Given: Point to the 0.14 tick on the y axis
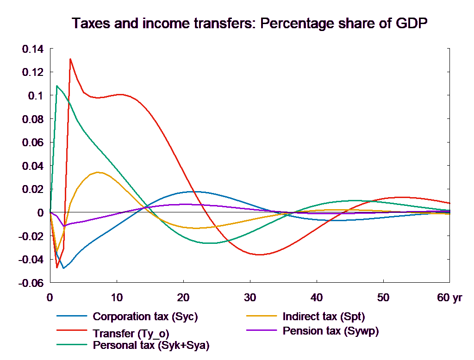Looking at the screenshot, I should pos(31,49).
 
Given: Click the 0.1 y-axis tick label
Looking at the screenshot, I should pos(35,96).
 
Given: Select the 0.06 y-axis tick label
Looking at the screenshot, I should pos(31,143).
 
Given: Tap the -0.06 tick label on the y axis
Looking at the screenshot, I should pos(31,283).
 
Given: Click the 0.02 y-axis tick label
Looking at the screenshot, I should pos(31,190).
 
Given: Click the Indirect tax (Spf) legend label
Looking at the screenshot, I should pos(324,317).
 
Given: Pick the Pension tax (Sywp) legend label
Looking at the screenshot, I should pos(331,331).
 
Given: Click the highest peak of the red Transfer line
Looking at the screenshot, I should pos(70,59).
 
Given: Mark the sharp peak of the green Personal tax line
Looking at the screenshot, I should pos(57,86).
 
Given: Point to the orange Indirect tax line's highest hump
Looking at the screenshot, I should pos(98,172).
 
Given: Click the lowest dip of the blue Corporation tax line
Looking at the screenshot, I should pos(63,268).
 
